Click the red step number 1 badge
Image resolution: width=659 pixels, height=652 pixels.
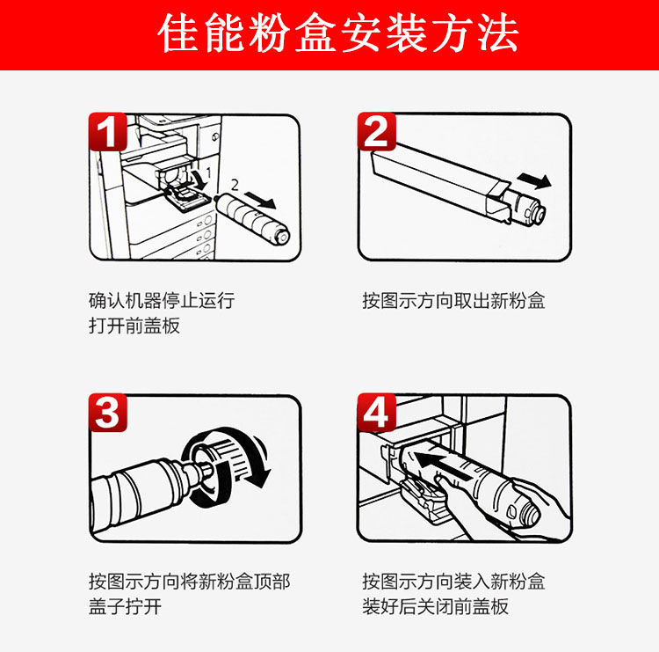(107, 131)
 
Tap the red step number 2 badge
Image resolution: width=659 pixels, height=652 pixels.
(377, 131)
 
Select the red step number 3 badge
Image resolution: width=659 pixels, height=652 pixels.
(107, 413)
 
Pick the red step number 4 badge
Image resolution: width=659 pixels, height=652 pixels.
(377, 413)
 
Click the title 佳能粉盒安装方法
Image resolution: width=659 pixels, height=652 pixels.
(338, 33)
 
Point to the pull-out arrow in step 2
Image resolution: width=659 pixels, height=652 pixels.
(534, 181)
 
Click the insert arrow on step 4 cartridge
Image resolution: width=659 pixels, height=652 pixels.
(441, 465)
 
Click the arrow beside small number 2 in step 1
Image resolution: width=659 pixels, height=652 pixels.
(260, 200)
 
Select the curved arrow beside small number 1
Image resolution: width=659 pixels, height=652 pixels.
(199, 179)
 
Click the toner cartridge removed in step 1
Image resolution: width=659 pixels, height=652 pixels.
(252, 219)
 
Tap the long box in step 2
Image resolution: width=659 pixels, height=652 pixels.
(441, 181)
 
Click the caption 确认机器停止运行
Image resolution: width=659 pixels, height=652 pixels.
(162, 301)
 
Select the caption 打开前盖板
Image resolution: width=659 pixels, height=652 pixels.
(134, 326)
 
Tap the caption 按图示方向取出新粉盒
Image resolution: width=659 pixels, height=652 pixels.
(453, 301)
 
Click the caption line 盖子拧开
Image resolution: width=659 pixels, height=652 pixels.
(126, 606)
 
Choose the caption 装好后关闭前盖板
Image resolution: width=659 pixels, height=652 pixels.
(436, 606)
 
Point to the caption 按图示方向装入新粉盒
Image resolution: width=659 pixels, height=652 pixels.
(453, 582)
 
